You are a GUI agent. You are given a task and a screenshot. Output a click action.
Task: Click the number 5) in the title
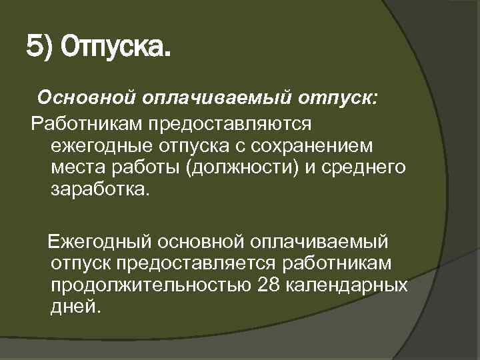(x=39, y=47)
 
